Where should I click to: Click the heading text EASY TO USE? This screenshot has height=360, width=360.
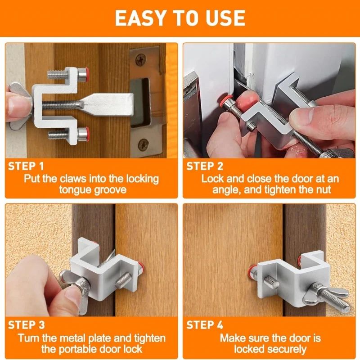[180, 18]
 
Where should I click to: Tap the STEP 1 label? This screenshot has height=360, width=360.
[27, 166]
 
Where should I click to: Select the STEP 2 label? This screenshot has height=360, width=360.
[205, 166]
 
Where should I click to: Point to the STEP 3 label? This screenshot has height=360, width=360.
[27, 325]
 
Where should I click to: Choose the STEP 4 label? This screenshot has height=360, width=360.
[205, 325]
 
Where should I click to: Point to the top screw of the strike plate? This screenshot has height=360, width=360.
[142, 58]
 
